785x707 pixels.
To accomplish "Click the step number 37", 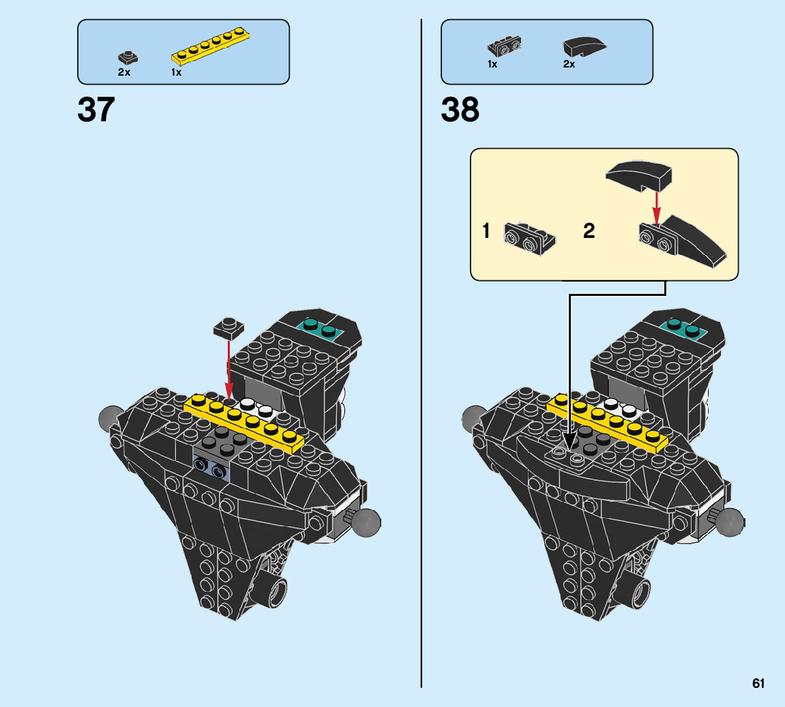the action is (x=96, y=110).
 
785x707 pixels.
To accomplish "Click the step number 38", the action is (x=460, y=110).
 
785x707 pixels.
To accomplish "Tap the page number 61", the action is (x=758, y=683).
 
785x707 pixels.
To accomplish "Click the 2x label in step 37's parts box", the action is (x=123, y=72).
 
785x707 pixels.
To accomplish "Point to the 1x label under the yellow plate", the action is (x=176, y=72).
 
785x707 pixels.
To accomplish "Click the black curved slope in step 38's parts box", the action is (x=584, y=46).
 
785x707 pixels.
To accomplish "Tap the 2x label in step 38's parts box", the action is (x=569, y=64).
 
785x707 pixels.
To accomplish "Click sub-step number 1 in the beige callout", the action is (x=486, y=232).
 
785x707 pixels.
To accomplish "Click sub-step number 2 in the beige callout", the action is (x=589, y=232).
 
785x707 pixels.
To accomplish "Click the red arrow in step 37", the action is (x=228, y=368).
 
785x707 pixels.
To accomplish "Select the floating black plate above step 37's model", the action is (x=229, y=327).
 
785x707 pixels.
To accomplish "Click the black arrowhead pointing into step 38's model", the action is (x=569, y=440).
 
